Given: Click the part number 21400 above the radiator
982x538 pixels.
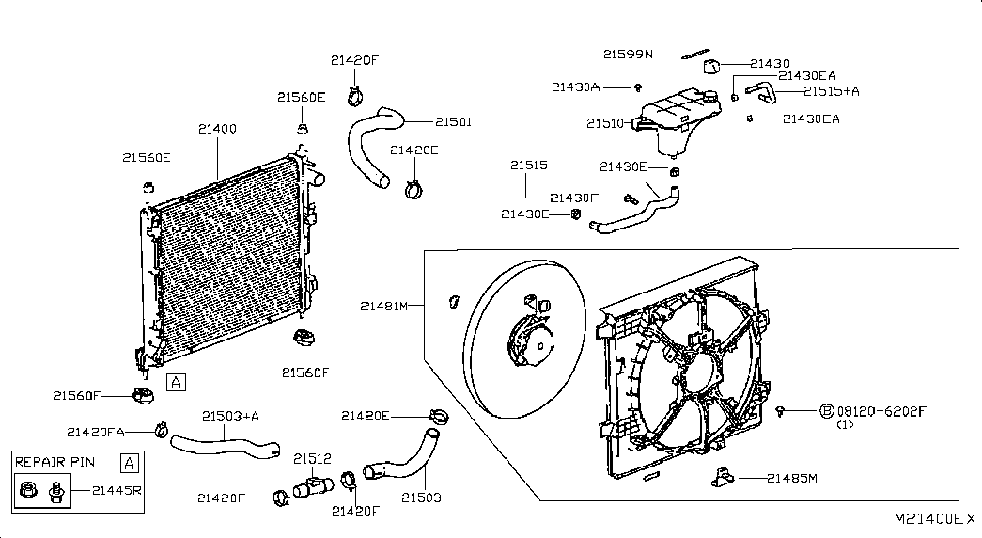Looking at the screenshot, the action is point(217,129).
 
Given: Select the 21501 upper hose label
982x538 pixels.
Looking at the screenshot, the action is point(454,122).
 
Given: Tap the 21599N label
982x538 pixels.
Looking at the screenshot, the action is point(628,55).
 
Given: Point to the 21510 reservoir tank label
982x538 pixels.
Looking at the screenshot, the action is point(605,123).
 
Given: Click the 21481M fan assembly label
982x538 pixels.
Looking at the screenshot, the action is point(384,306).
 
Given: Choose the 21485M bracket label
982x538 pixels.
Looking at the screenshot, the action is point(792,479).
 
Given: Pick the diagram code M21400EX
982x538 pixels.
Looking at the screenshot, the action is point(934,519).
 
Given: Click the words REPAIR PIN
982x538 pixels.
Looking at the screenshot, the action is point(55,462).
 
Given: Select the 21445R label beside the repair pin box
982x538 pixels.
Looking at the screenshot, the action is point(117,490).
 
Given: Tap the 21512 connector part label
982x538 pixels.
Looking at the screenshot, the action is point(313,459).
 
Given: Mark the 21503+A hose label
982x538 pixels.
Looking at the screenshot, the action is point(230,417).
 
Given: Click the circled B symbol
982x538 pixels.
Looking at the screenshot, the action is point(827,411).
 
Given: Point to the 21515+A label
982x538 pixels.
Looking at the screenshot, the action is point(832,91).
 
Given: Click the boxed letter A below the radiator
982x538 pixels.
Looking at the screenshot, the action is point(176,382).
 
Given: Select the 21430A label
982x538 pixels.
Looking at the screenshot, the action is point(575,87).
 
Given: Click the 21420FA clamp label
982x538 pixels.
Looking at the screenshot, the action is point(96,432).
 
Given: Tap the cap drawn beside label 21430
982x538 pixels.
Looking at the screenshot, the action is point(711,66).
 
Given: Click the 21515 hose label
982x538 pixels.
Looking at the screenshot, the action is point(528,166).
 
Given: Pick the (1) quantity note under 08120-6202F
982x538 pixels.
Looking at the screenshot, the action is point(846,425).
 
